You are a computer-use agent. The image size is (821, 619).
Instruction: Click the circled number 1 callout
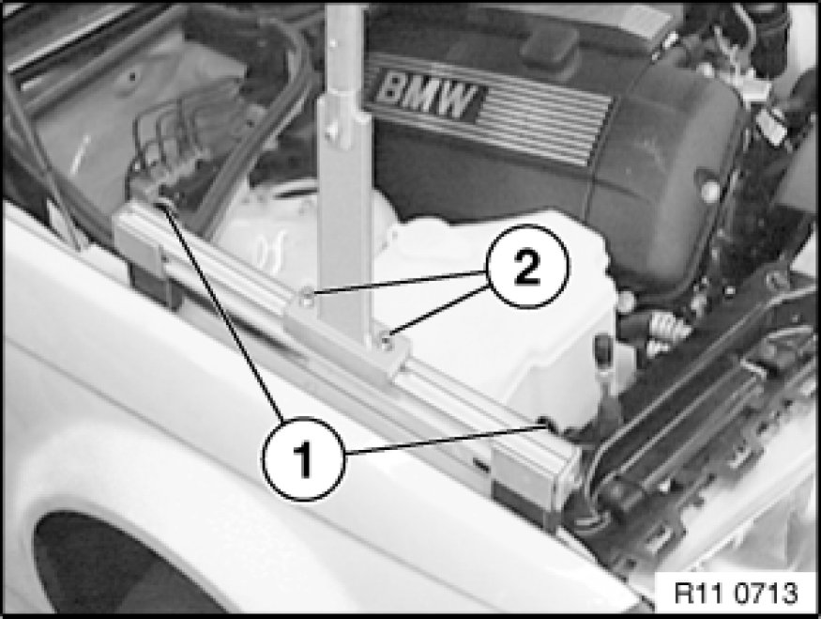click(304, 458)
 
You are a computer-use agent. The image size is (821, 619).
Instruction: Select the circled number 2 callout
click(526, 266)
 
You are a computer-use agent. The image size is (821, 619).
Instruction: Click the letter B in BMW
click(390, 88)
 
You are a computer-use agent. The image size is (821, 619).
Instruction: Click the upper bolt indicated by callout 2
click(307, 299)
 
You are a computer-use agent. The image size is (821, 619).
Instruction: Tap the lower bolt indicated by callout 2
click(387, 343)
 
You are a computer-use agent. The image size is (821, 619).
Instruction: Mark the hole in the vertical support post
click(331, 129)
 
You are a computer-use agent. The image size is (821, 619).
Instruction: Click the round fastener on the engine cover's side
click(709, 192)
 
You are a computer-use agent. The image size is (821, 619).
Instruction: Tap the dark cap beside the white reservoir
click(604, 350)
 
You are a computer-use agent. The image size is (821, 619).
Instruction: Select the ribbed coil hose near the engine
click(667, 328)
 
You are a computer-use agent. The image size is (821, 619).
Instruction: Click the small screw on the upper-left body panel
click(133, 78)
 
